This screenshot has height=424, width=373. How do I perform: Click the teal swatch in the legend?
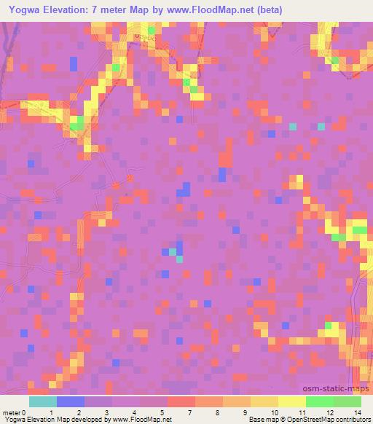tap(43, 401)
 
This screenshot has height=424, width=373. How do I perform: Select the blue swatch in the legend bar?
tap(71, 401)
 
